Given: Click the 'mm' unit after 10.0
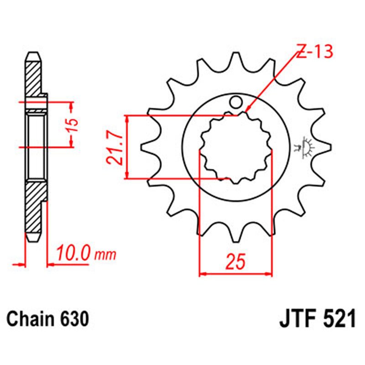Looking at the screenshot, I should click(x=105, y=254).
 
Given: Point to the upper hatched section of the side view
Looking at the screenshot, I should click(x=35, y=78).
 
